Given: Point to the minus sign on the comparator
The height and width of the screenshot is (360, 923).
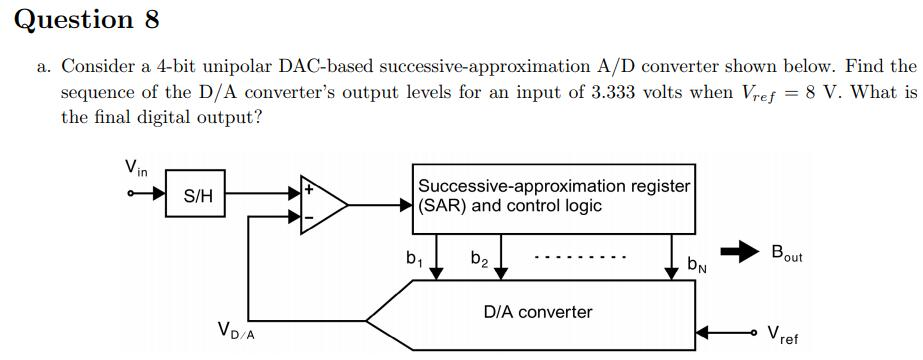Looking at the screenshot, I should pyautogui.click(x=308, y=218).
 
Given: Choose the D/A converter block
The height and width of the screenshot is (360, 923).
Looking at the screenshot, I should pyautogui.click(x=538, y=312).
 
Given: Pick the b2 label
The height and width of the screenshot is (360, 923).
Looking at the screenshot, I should pyautogui.click(x=479, y=259).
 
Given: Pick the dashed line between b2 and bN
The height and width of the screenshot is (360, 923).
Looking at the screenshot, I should pyautogui.click(x=581, y=259).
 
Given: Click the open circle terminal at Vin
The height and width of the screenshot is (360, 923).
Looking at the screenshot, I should pyautogui.click(x=130, y=195).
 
